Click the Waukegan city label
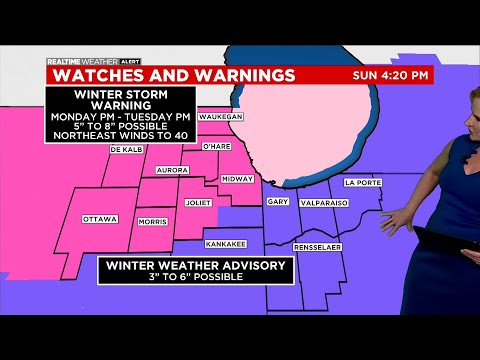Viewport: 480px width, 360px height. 221,117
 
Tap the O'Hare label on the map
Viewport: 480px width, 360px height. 216,147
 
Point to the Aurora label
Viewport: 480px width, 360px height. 172,170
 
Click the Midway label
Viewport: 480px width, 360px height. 237,179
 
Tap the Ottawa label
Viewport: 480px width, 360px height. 100,219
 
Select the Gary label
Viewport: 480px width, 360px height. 278,202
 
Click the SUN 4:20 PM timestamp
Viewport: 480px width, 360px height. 392,75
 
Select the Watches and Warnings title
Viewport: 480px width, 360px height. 173,75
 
